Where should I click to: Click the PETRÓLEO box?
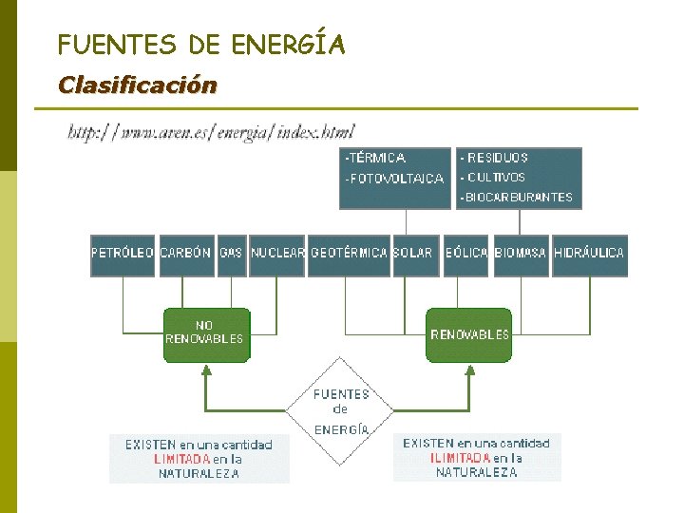click(x=123, y=255)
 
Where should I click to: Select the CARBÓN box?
click(x=186, y=255)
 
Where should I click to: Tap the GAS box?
click(x=231, y=255)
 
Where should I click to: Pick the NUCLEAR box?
click(x=277, y=255)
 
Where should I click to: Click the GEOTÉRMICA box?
click(x=350, y=255)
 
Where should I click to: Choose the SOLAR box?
click(x=413, y=255)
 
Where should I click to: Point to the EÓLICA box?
click(x=466, y=255)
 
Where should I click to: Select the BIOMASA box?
click(x=521, y=255)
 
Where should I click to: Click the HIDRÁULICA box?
click(x=590, y=255)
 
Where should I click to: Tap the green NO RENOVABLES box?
click(x=205, y=334)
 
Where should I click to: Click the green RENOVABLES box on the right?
click(x=469, y=334)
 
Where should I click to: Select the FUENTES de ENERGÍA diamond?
click(x=341, y=411)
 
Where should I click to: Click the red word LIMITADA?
click(x=182, y=459)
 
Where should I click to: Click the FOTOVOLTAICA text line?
click(x=395, y=179)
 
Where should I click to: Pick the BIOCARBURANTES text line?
click(x=518, y=198)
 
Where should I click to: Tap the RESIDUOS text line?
click(x=496, y=158)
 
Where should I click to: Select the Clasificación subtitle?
click(x=137, y=85)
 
